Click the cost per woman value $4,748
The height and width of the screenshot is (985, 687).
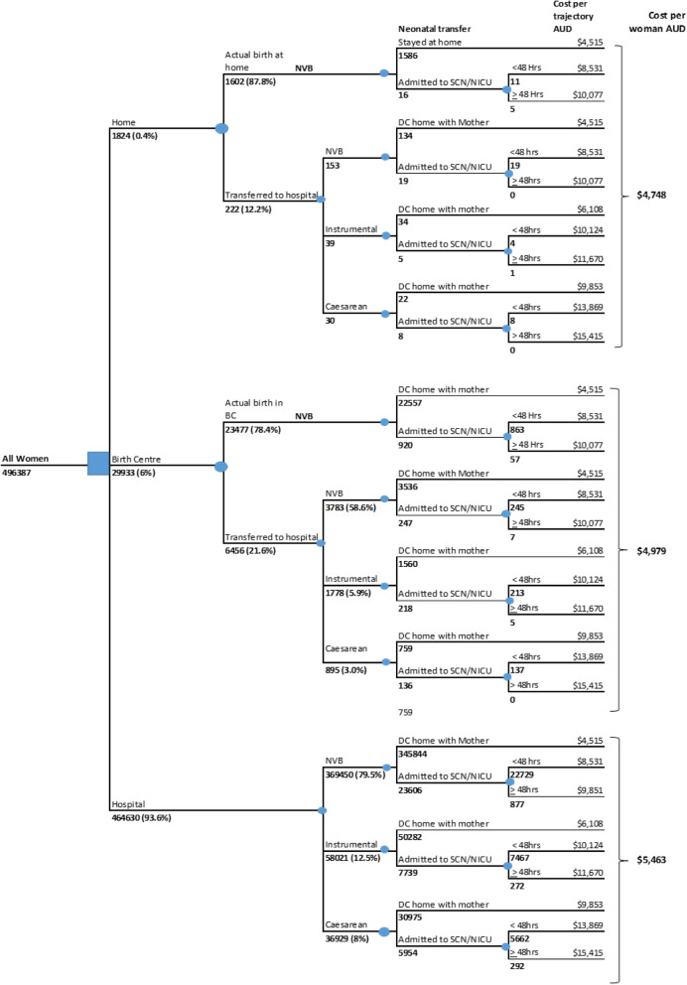pyautogui.click(x=648, y=195)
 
